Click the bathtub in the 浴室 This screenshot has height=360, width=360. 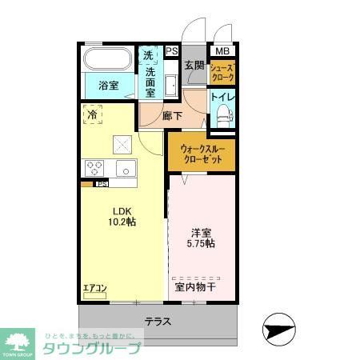(108, 60)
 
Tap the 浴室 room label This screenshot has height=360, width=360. (109, 86)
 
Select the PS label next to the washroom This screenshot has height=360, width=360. (171, 51)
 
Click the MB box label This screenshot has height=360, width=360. (221, 51)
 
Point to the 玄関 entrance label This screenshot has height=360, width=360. (194, 66)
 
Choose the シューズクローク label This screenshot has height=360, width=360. (222, 73)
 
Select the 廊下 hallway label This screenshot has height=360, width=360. (172, 116)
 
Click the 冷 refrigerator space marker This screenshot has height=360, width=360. (93, 114)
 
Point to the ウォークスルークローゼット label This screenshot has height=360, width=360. (202, 152)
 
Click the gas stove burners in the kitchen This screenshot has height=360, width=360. (94, 168)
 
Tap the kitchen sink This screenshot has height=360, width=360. (126, 168)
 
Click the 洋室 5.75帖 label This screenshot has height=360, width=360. (202, 238)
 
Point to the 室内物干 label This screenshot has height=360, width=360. (194, 286)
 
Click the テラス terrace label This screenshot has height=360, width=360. (157, 322)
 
